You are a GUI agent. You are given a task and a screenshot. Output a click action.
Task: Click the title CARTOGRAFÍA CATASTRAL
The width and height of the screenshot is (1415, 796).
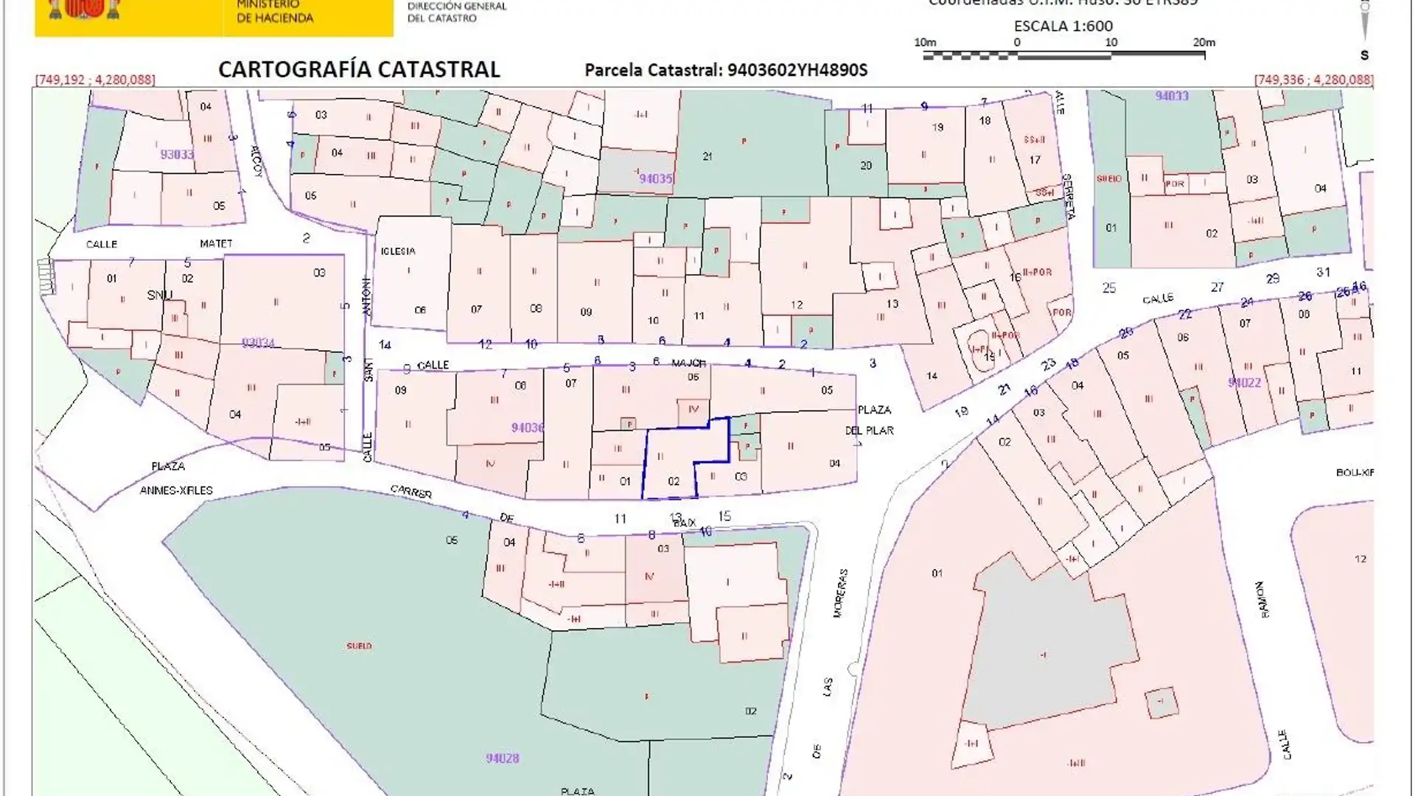[359, 69]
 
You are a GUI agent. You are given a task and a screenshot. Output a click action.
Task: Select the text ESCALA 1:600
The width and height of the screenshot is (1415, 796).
[1063, 26]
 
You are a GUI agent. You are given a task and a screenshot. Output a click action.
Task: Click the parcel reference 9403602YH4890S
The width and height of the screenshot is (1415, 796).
[797, 70]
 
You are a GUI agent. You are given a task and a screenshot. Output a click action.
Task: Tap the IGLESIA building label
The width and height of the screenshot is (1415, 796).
[398, 251]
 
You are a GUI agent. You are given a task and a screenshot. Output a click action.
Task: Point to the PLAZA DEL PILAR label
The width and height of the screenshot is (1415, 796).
[874, 419]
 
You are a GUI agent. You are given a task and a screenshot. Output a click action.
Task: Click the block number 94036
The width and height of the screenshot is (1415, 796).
[527, 427]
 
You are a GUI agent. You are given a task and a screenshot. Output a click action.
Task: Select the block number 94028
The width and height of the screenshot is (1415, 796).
[503, 758]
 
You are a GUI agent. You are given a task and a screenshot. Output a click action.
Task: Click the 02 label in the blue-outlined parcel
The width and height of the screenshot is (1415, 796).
[673, 481]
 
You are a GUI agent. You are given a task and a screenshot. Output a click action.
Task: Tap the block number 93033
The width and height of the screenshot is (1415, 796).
[177, 155]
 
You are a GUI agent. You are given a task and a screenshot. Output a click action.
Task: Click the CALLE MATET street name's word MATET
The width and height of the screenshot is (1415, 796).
[216, 243]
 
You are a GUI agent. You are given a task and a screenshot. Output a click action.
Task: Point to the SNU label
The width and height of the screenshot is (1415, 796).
[159, 295]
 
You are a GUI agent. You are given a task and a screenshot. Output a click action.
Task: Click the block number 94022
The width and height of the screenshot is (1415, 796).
[1244, 383]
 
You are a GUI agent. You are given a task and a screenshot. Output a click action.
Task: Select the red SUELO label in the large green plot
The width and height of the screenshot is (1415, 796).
[359, 646]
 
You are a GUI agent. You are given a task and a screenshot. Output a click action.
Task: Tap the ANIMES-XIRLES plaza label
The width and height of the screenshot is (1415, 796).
[176, 490]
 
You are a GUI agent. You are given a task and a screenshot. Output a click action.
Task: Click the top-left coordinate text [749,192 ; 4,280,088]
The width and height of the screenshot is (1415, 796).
[95, 80]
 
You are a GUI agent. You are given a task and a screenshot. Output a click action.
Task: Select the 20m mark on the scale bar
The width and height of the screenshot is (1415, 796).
[1203, 43]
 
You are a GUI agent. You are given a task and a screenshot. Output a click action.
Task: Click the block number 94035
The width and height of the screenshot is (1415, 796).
[655, 178]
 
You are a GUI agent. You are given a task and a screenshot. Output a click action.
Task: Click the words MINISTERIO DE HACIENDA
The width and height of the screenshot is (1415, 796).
[274, 11]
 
